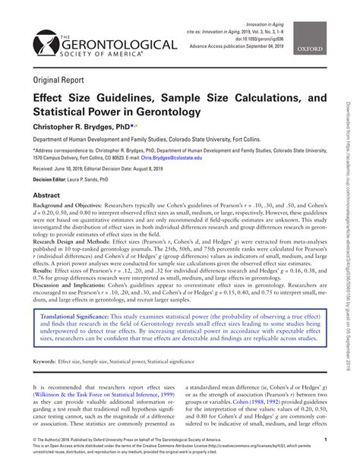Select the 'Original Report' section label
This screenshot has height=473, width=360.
[57, 79]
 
